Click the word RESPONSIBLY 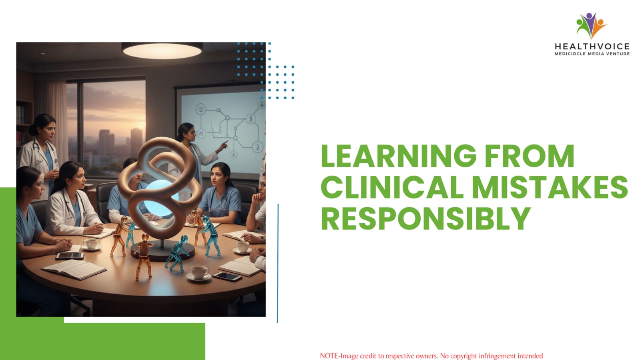pyautogui.click(x=426, y=218)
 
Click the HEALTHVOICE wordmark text pyautogui.click(x=592, y=46)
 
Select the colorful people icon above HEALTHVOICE pyautogui.click(x=591, y=25)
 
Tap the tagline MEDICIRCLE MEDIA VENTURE pyautogui.click(x=592, y=54)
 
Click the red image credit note pyautogui.click(x=431, y=356)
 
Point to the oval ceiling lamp pyautogui.click(x=162, y=50)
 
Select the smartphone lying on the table pyautogui.click(x=227, y=276)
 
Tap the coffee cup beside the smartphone pyautogui.click(x=199, y=272)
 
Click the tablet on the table pyautogui.click(x=70, y=256)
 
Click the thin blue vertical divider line pyautogui.click(x=278, y=263)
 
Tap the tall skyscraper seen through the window pyautogui.click(x=136, y=143)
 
